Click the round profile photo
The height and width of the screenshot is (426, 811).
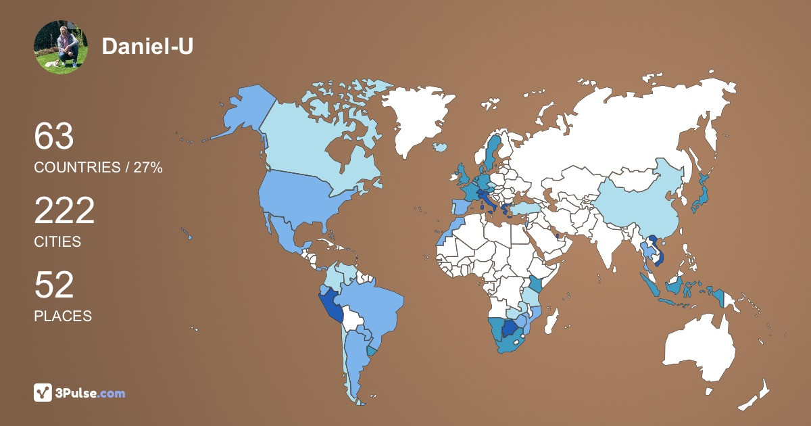pos(61,47)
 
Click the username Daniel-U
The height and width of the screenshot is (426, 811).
pos(147,47)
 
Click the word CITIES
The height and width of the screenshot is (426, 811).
pos(57,241)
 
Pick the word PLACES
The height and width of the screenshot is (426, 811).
pos(63,316)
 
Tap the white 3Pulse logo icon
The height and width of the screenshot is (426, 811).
pos(43,393)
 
